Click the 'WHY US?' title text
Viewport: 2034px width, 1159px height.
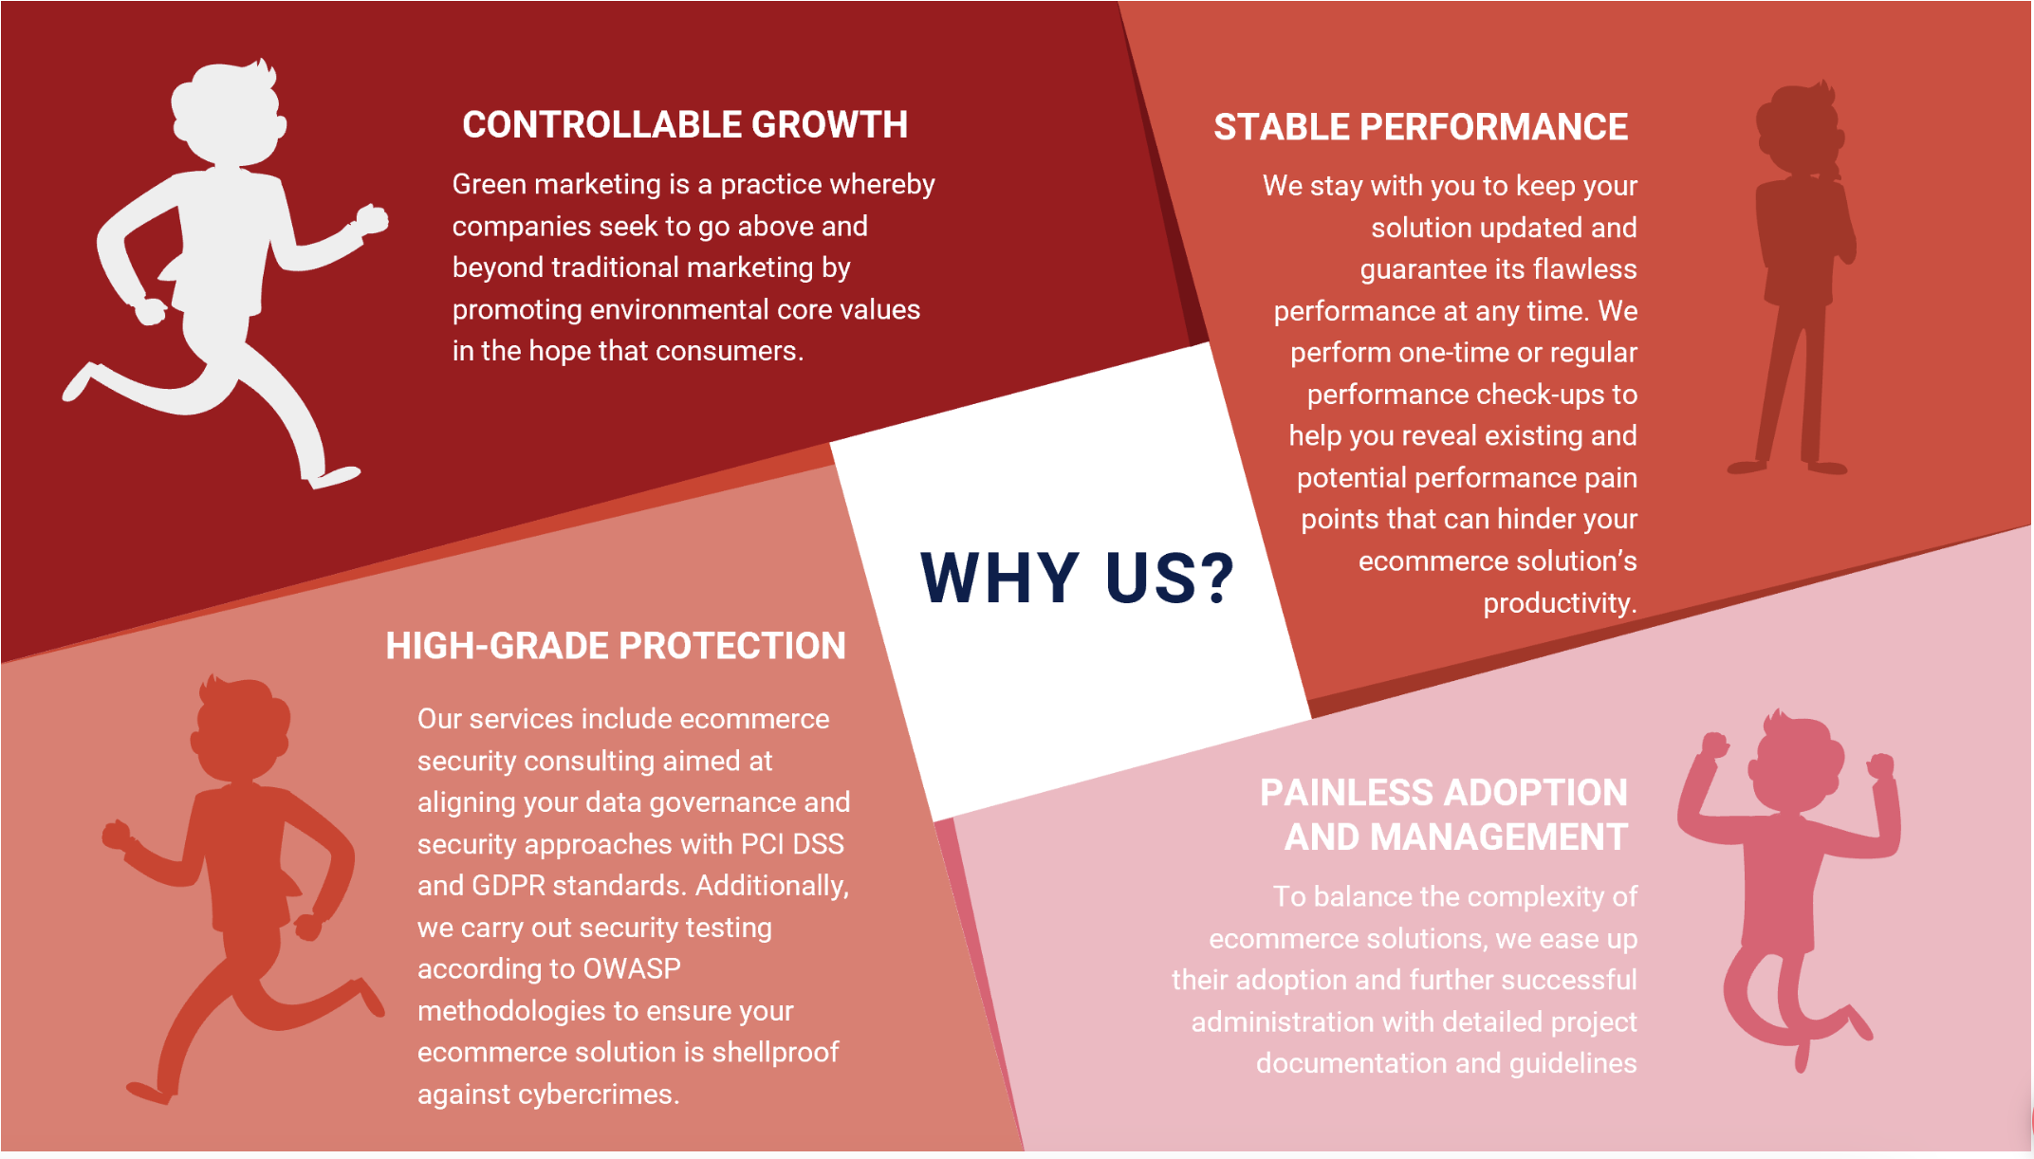(1077, 578)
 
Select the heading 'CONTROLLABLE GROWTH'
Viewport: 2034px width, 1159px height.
(685, 125)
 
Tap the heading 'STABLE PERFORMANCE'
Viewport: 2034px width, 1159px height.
(1421, 127)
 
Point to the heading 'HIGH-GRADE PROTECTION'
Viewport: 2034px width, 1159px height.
(616, 646)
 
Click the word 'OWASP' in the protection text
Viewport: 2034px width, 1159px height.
(632, 968)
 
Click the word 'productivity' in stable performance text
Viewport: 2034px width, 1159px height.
(1558, 603)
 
